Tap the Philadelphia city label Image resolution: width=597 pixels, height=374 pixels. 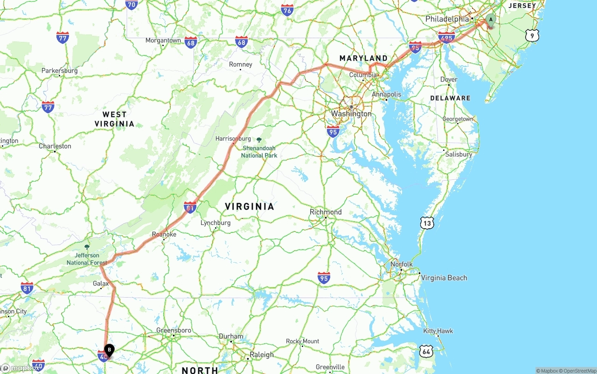(447, 19)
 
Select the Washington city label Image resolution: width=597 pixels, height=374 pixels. (351, 114)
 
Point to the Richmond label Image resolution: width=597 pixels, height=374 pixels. (326, 212)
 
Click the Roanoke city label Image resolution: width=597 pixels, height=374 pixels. (164, 234)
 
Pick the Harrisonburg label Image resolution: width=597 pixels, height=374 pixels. (233, 138)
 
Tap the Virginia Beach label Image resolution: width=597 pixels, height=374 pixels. (444, 278)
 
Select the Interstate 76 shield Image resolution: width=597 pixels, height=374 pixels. (287, 10)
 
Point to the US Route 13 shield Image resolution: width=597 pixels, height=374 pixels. (427, 223)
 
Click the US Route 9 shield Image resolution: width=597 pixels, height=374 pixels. (532, 35)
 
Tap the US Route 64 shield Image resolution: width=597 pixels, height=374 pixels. (426, 352)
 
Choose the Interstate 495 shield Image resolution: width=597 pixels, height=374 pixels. (446, 37)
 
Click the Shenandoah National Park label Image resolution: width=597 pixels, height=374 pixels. (259, 152)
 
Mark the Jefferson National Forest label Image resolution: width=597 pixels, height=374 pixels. (87, 258)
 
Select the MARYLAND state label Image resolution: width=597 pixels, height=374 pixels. (363, 58)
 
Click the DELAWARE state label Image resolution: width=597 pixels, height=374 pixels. (450, 98)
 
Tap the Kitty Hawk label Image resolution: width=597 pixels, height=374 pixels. (438, 331)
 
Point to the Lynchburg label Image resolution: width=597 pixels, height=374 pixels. (215, 223)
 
